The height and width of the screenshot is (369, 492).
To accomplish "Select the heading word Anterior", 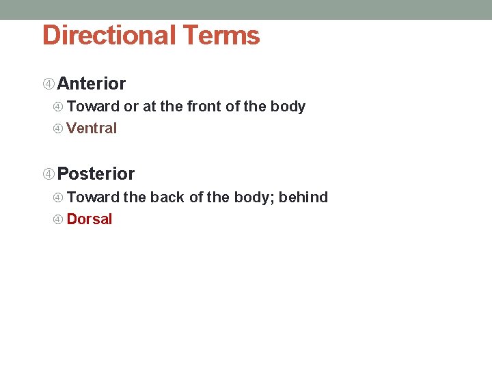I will click(x=92, y=84).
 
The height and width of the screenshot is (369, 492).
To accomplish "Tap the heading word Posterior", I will click(x=96, y=174).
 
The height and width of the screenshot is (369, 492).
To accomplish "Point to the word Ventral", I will click(x=92, y=128).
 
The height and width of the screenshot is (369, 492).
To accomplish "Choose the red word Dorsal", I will click(x=90, y=219).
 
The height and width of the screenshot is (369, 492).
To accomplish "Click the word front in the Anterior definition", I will click(x=204, y=107).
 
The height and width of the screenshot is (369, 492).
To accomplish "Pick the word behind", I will click(x=303, y=197).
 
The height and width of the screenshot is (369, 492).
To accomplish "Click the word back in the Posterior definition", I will click(x=167, y=197).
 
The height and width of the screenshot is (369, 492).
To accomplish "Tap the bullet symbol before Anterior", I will click(x=49, y=84).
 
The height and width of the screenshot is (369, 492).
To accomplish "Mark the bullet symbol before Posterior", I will click(x=49, y=174).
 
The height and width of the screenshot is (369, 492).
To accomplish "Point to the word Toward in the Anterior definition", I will click(x=93, y=107).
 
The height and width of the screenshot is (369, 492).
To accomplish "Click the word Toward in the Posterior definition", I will click(x=93, y=197).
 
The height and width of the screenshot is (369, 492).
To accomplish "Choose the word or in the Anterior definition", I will click(x=131, y=107).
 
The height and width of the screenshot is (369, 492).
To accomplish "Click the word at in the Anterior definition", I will click(x=149, y=107).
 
